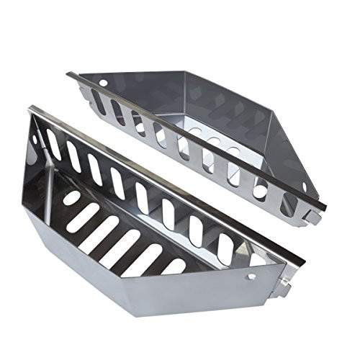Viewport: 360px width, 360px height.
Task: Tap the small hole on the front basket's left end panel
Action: coord(35,138)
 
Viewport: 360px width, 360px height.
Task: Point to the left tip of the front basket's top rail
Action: coord(30,109)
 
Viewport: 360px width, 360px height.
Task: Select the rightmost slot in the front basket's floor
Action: coord(174,266)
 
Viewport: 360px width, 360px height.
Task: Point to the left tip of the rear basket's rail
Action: coord(69,73)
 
